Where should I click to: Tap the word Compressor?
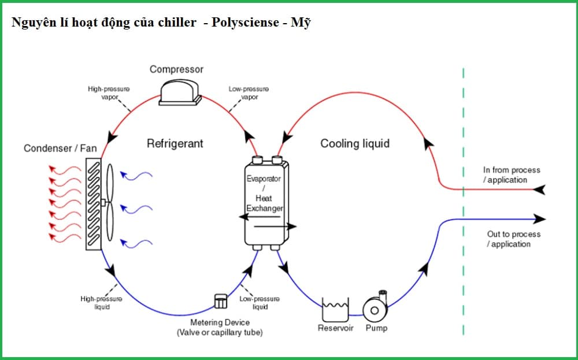(x=176, y=69)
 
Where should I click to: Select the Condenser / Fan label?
(x=60, y=149)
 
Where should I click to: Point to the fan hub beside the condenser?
(x=104, y=203)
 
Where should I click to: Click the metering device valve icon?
(x=220, y=301)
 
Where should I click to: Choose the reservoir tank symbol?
(x=335, y=310)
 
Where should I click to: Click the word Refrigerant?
(x=175, y=143)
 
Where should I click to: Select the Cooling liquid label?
(x=355, y=143)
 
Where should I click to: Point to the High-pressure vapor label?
(x=109, y=93)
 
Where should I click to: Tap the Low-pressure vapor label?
(x=249, y=93)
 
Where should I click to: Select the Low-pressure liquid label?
(x=260, y=303)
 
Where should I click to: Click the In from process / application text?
(x=511, y=175)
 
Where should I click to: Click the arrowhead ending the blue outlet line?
(x=540, y=219)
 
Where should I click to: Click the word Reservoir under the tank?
(x=335, y=328)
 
